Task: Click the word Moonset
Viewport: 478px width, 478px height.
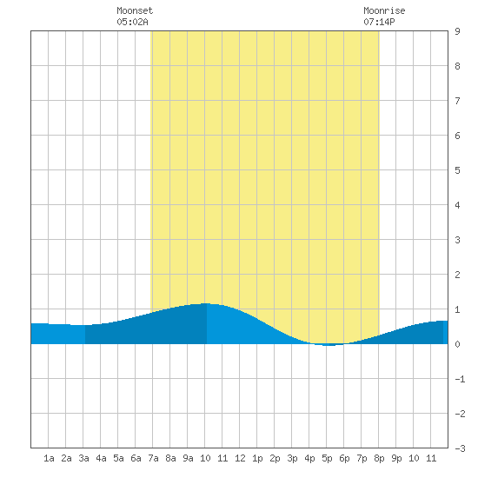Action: (x=135, y=10)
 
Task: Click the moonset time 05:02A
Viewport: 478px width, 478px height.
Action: (x=132, y=22)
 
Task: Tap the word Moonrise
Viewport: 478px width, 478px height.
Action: (x=384, y=10)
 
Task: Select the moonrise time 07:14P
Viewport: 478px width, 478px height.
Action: (x=379, y=22)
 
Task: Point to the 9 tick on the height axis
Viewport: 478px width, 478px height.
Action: (x=457, y=31)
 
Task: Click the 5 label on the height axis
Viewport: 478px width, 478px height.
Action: (x=457, y=170)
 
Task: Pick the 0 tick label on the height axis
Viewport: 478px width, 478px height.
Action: (x=457, y=344)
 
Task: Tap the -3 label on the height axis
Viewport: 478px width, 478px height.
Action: (x=460, y=448)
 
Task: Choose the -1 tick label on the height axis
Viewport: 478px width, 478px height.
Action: (x=460, y=379)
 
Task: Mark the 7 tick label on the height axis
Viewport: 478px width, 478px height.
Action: (x=457, y=101)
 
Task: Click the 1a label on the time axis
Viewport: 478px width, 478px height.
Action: (x=49, y=458)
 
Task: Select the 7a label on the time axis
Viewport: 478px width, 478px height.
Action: (x=153, y=458)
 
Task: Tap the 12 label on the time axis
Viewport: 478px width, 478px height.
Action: (x=240, y=458)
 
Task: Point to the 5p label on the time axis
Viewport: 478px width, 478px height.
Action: (x=327, y=458)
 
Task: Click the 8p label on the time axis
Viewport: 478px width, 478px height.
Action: (x=379, y=458)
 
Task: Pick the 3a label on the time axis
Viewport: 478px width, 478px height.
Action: (x=83, y=458)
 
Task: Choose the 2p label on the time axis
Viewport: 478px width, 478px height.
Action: (x=275, y=458)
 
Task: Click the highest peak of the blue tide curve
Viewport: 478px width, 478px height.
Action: (x=206, y=303)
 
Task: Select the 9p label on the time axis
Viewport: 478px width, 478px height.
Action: (x=396, y=458)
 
